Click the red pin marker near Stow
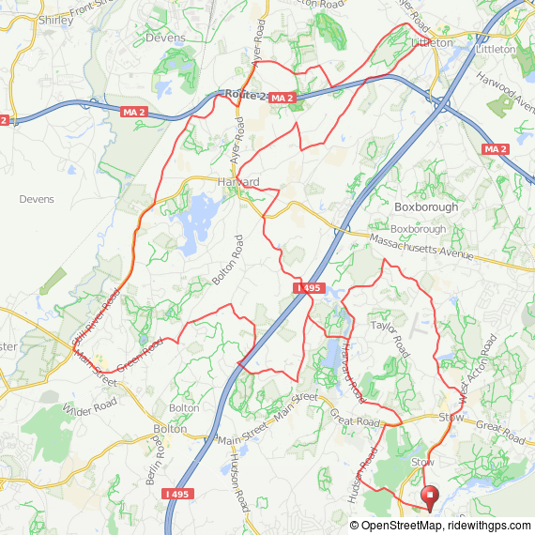point(431,496)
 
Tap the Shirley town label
point(50,19)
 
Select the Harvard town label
point(237,181)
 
